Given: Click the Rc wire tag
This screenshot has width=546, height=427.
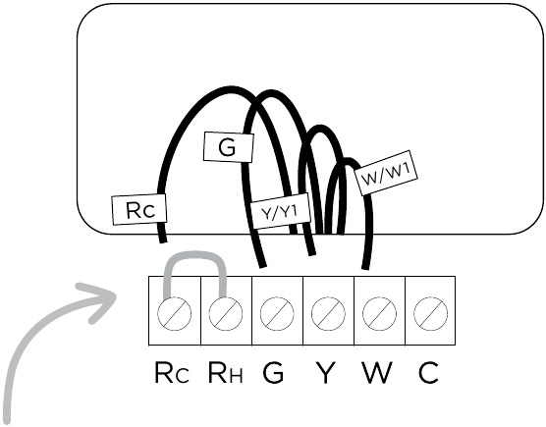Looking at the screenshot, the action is (139, 209).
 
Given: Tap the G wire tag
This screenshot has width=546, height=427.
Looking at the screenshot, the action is (229, 147).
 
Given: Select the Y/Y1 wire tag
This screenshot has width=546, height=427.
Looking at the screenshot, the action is (280, 211).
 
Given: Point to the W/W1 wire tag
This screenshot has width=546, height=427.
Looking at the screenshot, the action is (386, 173).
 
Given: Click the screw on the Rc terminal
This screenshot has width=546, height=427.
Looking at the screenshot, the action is (174, 313).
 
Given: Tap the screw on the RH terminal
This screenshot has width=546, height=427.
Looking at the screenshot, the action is (226, 313).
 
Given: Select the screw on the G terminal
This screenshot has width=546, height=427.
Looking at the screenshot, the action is (277, 313).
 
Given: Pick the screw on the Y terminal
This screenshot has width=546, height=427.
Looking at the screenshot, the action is (328, 313).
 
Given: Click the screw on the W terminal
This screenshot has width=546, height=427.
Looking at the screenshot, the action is (379, 313).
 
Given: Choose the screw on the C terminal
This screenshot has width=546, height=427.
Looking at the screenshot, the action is (430, 313).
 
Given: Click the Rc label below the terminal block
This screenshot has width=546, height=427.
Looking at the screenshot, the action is (172, 373).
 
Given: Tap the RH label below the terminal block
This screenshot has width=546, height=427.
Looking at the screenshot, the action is (225, 373).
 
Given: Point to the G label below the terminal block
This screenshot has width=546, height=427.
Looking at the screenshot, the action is (273, 373).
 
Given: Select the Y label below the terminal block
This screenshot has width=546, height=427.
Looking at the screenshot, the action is (326, 373).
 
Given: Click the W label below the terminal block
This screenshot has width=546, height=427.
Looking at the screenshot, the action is (377, 373).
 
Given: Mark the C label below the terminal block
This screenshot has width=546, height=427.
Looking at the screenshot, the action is (428, 373).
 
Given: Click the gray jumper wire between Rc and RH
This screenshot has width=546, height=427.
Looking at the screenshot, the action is (195, 254).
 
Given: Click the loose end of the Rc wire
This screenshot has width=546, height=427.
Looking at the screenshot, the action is (163, 240).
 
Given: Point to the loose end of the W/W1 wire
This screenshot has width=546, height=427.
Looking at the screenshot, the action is (365, 267).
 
